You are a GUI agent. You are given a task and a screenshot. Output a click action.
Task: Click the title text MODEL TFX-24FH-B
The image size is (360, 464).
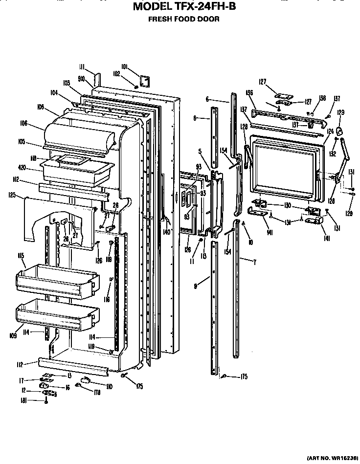click(184, 7)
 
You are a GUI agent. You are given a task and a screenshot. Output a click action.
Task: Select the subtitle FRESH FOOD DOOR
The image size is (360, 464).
click(183, 20)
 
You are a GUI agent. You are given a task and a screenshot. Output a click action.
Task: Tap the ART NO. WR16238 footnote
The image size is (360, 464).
click(331, 459)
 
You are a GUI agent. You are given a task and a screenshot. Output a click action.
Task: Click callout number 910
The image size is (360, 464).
click(82, 78)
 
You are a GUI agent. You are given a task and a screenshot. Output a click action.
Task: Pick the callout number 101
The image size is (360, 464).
click(124, 67)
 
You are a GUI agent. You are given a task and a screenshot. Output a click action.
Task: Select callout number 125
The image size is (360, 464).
click(13, 196)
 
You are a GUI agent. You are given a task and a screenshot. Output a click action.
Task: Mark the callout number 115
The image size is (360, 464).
click(22, 256)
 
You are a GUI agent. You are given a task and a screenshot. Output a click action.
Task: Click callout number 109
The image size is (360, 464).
click(13, 335)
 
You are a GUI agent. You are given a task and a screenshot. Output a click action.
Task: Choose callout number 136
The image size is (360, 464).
click(249, 92)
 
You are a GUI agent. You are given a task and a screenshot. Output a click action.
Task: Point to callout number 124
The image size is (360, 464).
click(330, 131)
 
